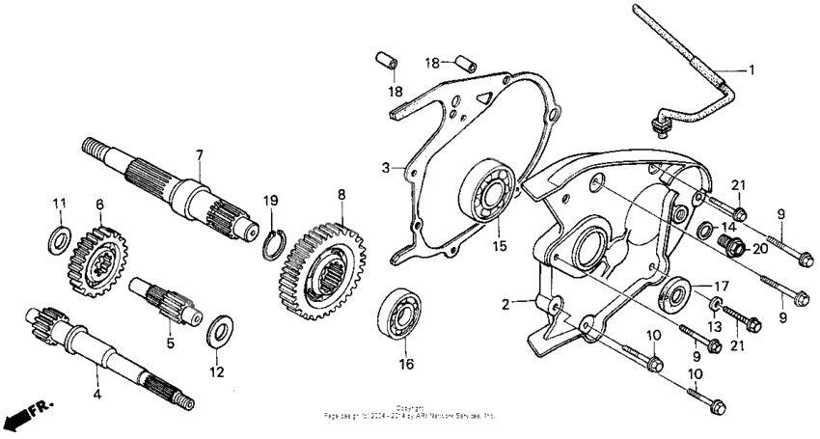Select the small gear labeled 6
point(98,260)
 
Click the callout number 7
point(199,154)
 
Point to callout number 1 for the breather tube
point(752,70)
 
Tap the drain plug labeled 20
point(732,248)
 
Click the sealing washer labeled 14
point(705,230)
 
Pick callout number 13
point(715,324)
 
